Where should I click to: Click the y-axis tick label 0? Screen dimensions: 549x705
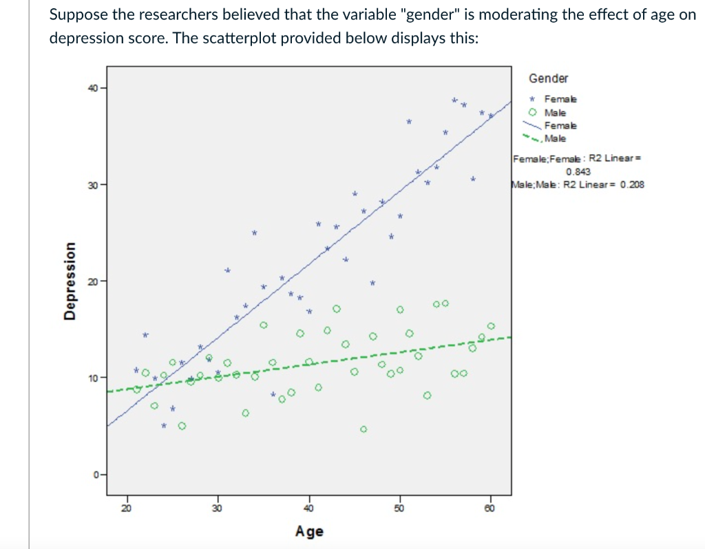click(96, 474)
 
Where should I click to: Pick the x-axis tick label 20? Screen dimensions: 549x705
click(125, 508)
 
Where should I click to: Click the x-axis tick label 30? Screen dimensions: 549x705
click(218, 508)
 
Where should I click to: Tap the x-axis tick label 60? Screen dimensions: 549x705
click(490, 508)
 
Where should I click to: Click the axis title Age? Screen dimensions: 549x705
click(309, 531)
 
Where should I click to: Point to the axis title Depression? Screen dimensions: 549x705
click(69, 281)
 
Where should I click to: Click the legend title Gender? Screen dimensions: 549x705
click(548, 78)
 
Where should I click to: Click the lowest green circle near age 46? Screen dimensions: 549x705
click(364, 429)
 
